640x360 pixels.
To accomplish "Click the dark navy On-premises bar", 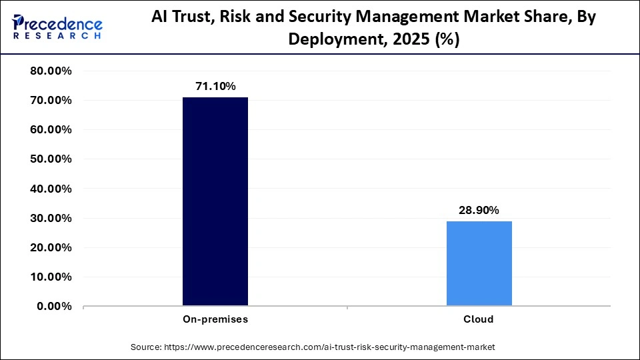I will (215, 201).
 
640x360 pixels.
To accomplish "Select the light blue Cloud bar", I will (479, 263).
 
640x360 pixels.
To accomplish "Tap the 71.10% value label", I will (215, 86).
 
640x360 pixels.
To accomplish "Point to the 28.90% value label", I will (479, 210).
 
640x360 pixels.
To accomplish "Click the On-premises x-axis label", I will (215, 319).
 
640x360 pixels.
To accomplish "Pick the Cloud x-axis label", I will (479, 319).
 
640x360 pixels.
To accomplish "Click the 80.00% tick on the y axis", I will (51, 71).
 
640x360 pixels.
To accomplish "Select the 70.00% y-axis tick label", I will (51, 101).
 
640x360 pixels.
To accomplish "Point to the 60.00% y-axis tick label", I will (51, 130).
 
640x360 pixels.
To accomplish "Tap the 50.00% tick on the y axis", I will (51, 159).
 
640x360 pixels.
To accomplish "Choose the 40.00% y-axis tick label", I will (51, 189).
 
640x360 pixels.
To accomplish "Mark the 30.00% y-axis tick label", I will (51, 218).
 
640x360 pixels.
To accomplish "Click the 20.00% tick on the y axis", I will (51, 247).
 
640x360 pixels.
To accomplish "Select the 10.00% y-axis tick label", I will (51, 277).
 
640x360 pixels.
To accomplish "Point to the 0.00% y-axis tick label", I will (54, 306).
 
